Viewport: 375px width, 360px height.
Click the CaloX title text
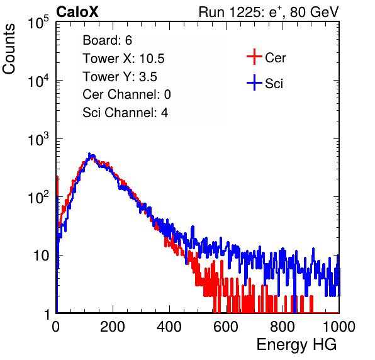(x=77, y=12)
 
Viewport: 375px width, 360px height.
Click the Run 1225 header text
(x=269, y=12)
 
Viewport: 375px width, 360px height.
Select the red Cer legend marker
(x=254, y=57)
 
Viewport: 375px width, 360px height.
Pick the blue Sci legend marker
(x=254, y=82)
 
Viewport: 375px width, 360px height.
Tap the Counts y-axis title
(x=9, y=49)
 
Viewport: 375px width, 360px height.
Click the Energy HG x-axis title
(x=296, y=345)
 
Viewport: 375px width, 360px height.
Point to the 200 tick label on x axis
(x=113, y=327)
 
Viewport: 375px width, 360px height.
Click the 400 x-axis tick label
(x=169, y=327)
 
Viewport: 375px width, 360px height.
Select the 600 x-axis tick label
(x=226, y=327)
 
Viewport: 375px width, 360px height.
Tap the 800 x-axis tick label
(x=283, y=327)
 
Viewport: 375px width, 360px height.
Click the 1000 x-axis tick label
(x=339, y=327)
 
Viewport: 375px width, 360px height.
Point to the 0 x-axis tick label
(x=56, y=327)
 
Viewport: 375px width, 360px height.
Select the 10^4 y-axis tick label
(x=38, y=81)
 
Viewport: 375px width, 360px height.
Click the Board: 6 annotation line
(x=107, y=40)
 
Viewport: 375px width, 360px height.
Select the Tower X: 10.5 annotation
(x=123, y=59)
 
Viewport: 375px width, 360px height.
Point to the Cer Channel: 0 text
(x=126, y=94)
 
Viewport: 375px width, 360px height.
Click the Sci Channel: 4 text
(x=125, y=113)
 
